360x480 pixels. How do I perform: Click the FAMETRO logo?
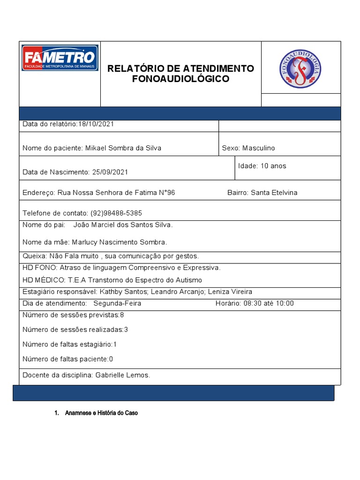tap(60, 58)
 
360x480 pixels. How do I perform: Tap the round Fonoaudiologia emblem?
tap(300, 68)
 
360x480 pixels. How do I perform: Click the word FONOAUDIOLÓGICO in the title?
tap(180, 79)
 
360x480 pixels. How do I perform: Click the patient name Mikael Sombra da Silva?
tap(123, 148)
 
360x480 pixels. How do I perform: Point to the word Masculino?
tap(259, 148)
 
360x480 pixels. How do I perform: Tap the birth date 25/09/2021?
tap(110, 172)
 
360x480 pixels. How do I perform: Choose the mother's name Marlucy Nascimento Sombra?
tap(119, 242)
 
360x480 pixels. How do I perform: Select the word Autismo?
tap(187, 280)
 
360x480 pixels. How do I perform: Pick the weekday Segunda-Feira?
tap(117, 303)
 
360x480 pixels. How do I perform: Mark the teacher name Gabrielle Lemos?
tap(122, 375)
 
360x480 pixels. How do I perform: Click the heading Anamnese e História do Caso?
tap(102, 413)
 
